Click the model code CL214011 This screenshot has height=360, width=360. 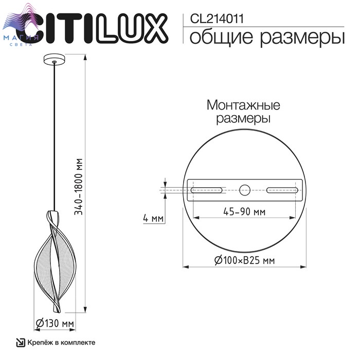click(217, 19)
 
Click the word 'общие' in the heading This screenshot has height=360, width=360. click(221, 37)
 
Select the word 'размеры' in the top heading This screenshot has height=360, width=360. click(302, 38)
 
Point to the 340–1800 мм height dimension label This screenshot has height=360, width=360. click(78, 186)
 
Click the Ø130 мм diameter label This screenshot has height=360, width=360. click(55, 323)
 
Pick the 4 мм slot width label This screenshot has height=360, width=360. click(153, 218)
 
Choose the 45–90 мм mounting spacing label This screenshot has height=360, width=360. click(244, 211)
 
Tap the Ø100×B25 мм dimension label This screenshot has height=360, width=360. click(244, 260)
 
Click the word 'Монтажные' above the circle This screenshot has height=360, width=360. click(243, 105)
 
